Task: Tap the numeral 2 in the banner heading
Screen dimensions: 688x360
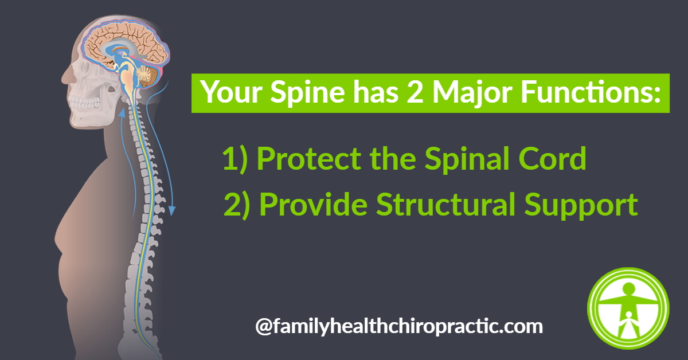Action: (x=415, y=91)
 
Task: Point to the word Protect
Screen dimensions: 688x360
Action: (x=309, y=158)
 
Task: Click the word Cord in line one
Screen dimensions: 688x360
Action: (x=552, y=158)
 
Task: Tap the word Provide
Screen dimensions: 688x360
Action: (x=314, y=204)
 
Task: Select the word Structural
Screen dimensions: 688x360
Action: (x=445, y=204)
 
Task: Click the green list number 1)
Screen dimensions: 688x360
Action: (x=235, y=159)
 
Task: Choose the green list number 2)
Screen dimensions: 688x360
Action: (x=237, y=205)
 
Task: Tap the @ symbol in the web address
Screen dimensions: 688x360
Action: (x=264, y=326)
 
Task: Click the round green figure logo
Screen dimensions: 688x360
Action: (x=628, y=308)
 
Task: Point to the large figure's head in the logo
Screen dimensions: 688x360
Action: (x=628, y=288)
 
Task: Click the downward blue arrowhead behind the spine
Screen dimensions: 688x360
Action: (x=172, y=211)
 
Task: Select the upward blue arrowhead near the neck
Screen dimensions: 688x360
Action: (x=122, y=112)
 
